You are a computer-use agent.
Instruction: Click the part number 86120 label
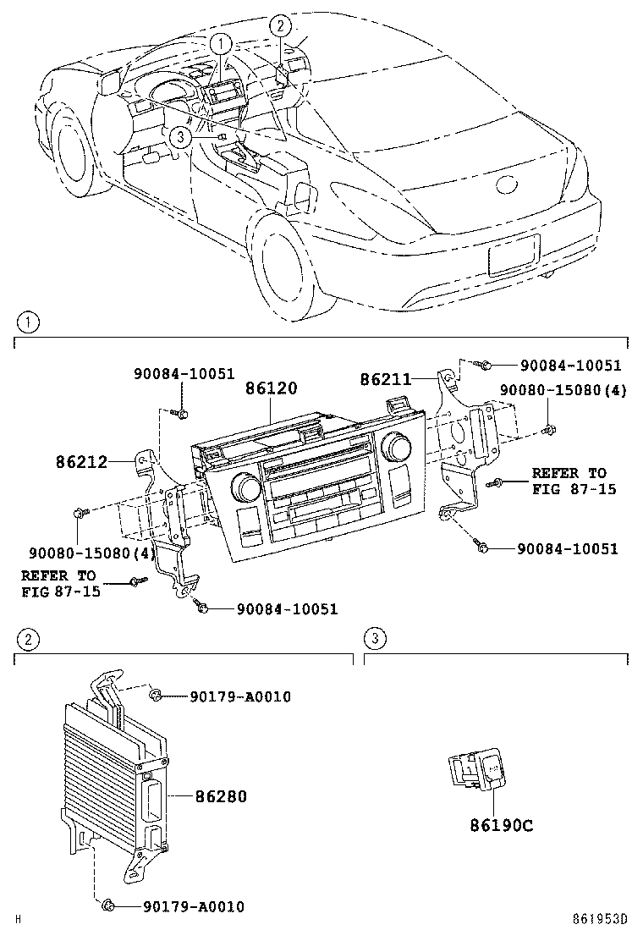point(272,389)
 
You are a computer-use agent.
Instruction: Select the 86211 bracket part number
point(386,380)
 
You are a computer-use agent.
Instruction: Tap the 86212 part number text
point(82,463)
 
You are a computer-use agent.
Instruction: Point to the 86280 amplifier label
point(221,797)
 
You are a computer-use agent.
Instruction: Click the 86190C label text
point(502,824)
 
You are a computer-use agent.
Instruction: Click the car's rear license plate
point(514,254)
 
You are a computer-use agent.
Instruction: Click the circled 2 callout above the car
point(281,25)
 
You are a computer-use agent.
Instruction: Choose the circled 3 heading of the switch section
point(375,638)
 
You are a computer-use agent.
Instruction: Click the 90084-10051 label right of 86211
point(571,366)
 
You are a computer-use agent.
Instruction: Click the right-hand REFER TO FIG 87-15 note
point(569,482)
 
